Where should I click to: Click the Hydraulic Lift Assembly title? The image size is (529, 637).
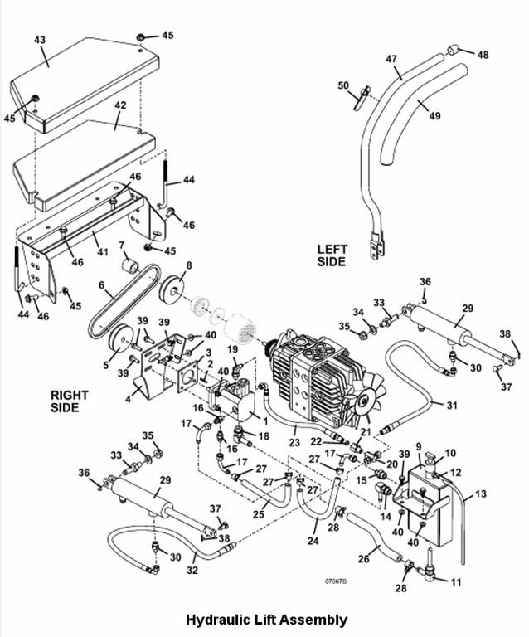[x=265, y=620]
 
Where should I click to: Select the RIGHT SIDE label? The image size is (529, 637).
[x=69, y=401]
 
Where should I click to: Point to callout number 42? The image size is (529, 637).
[x=120, y=106]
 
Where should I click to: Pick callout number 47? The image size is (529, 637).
[x=392, y=60]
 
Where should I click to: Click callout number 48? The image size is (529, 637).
[x=483, y=55]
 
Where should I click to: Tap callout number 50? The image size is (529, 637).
[x=343, y=85]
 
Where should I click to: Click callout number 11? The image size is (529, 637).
[x=455, y=582]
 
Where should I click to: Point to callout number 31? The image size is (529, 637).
[x=451, y=406]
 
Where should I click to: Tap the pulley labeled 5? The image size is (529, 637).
[x=125, y=338]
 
